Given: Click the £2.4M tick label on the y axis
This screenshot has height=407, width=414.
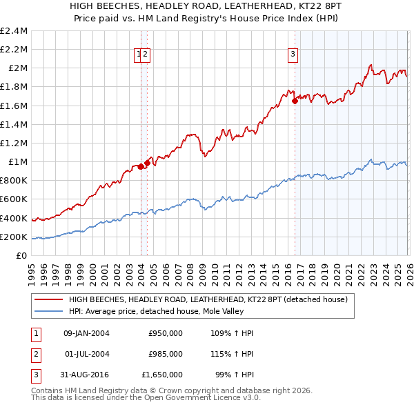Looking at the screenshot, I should pyautogui.click(x=14, y=30).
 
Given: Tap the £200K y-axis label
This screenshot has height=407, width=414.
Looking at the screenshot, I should pyautogui.click(x=14, y=237).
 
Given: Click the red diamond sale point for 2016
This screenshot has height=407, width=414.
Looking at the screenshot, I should pyautogui.click(x=295, y=100).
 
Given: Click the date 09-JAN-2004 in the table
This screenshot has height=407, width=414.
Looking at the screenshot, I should pyautogui.click(x=86, y=333).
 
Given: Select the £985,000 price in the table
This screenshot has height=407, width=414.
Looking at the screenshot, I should pyautogui.click(x=166, y=354).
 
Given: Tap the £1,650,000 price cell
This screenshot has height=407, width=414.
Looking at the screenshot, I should pyautogui.click(x=162, y=375).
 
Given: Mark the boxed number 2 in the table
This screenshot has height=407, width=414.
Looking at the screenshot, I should pyautogui.click(x=34, y=354).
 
